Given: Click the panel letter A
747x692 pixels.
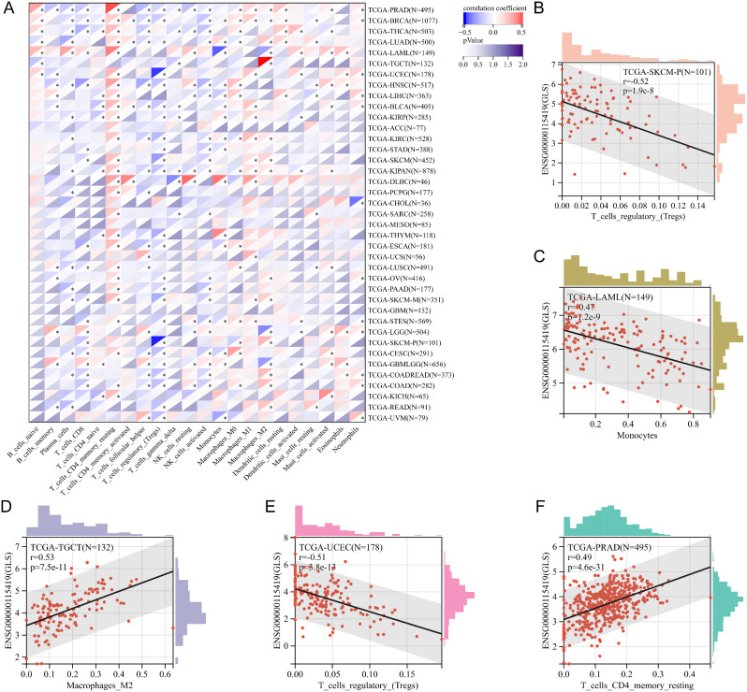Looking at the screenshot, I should (x=7, y=8).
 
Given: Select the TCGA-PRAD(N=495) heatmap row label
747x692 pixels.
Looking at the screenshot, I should (x=405, y=8).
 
